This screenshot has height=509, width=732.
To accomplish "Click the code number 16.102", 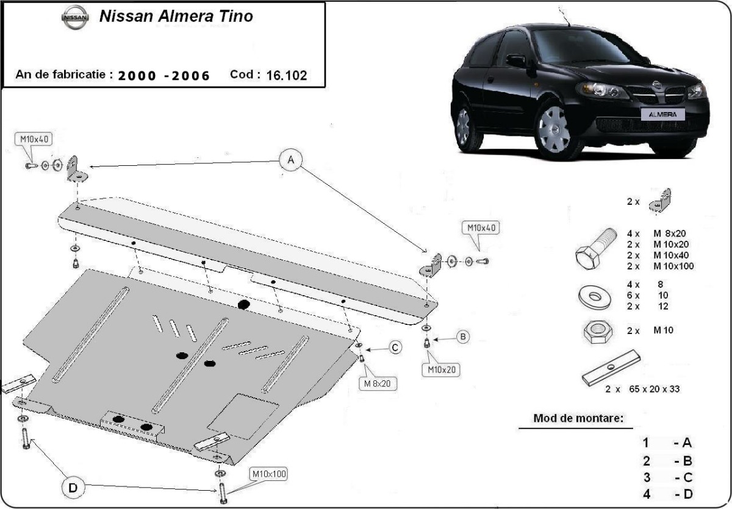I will tap(286, 76).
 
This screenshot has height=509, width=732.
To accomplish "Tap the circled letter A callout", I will tap(291, 160).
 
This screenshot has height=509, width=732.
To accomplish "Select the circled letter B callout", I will tap(463, 336).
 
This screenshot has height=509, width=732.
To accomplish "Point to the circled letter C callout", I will tap(395, 347).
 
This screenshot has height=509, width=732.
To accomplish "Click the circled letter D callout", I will tap(73, 488).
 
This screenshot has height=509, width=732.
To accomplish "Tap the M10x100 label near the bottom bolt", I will tap(268, 474).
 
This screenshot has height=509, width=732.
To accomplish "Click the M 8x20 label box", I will tap(377, 383).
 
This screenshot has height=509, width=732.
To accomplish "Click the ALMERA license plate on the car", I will tap(662, 114).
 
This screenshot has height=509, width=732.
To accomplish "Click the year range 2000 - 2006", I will tap(164, 76).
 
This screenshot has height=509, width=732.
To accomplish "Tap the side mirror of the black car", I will tap(516, 60).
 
